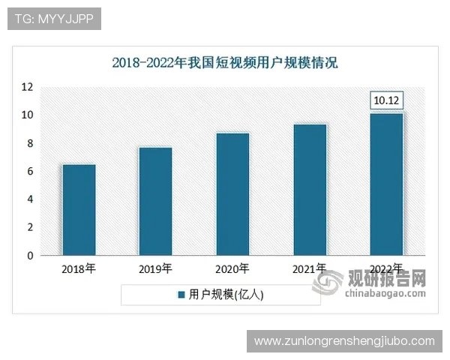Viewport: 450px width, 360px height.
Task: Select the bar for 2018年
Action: pyautogui.click(x=79, y=210)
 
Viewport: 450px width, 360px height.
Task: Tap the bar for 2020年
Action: pyautogui.click(x=232, y=194)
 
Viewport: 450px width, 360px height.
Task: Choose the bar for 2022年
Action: pyautogui.click(x=387, y=184)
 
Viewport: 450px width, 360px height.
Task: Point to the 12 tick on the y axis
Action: pyautogui.click(x=26, y=87)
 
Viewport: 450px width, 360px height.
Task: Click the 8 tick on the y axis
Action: pyautogui.click(x=29, y=143)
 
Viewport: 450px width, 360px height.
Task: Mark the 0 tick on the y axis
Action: pyautogui.click(x=29, y=256)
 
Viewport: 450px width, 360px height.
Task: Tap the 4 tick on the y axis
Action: pyautogui.click(x=29, y=199)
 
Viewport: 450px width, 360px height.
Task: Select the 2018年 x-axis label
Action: pyautogui.click(x=79, y=268)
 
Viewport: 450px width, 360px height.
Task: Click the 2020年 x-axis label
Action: pyautogui.click(x=232, y=268)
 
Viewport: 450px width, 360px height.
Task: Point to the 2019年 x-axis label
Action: pyautogui.click(x=155, y=268)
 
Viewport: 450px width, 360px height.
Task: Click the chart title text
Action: pyautogui.click(x=225, y=62)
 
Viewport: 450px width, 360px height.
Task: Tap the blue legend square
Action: pyautogui.click(x=181, y=295)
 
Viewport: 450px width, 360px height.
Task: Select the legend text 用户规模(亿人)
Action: pyautogui.click(x=226, y=295)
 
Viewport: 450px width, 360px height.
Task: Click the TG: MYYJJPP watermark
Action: pyautogui.click(x=53, y=19)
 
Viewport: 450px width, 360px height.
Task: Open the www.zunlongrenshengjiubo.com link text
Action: pyautogui.click(x=344, y=341)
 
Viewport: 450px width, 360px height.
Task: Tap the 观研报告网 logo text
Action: pyautogui.click(x=385, y=278)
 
